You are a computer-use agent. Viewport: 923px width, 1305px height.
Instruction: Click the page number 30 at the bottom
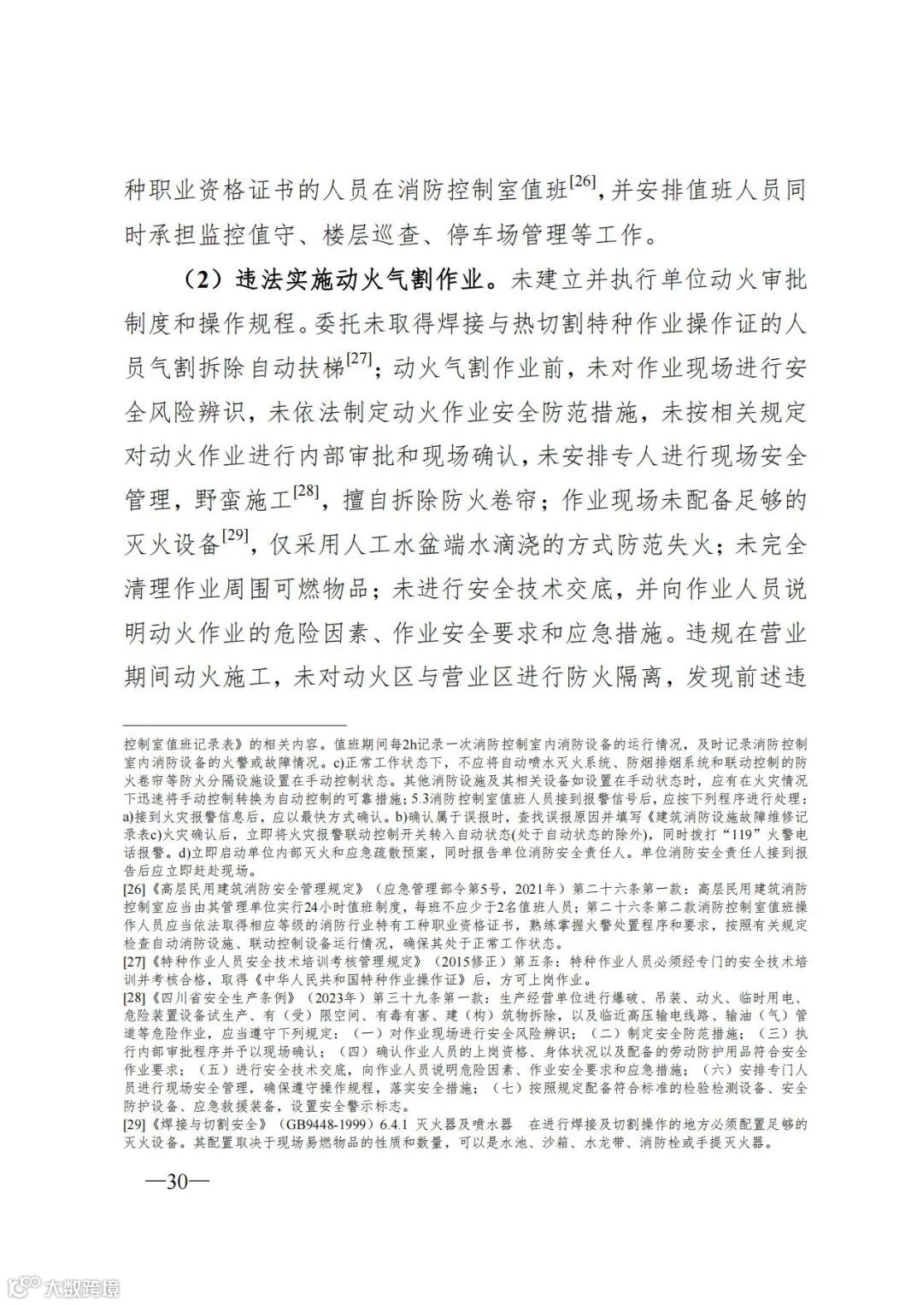176,1182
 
